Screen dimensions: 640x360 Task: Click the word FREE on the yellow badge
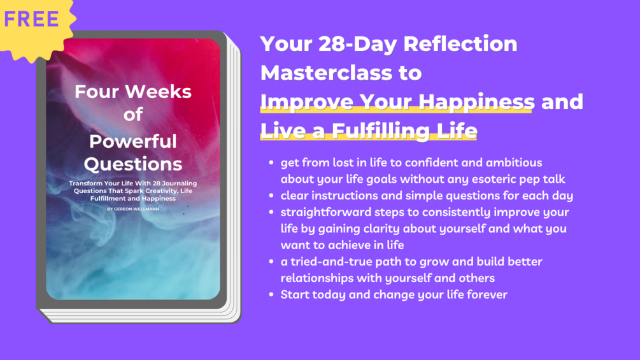[31, 19]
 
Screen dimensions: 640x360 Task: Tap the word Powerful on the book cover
[133, 141]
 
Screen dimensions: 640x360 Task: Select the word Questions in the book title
[133, 164]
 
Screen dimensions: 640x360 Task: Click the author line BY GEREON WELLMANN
[133, 209]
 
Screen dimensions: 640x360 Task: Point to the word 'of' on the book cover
[133, 114]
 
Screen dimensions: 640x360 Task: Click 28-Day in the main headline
[357, 44]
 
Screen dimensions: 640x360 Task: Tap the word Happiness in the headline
[476, 102]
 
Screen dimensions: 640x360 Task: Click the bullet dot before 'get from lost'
[271, 162]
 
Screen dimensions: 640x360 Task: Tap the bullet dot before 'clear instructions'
[271, 196]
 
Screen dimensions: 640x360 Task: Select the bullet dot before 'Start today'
[271, 294]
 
